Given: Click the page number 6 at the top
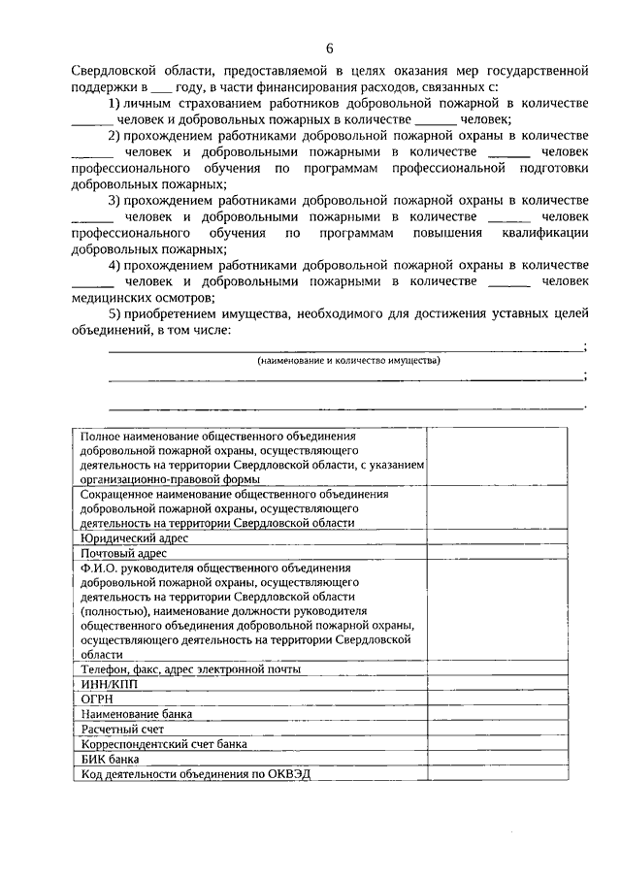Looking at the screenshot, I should point(329,49).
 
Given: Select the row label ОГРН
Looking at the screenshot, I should point(99,699).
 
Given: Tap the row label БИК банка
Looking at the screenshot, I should point(110,759).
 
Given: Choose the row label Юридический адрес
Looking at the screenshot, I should point(135,537).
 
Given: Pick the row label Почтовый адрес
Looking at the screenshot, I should point(124,553).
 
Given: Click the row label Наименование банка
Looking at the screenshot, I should point(137,714).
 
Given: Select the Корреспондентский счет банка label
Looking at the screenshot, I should point(164,744).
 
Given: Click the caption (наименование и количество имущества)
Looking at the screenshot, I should point(348,361).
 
